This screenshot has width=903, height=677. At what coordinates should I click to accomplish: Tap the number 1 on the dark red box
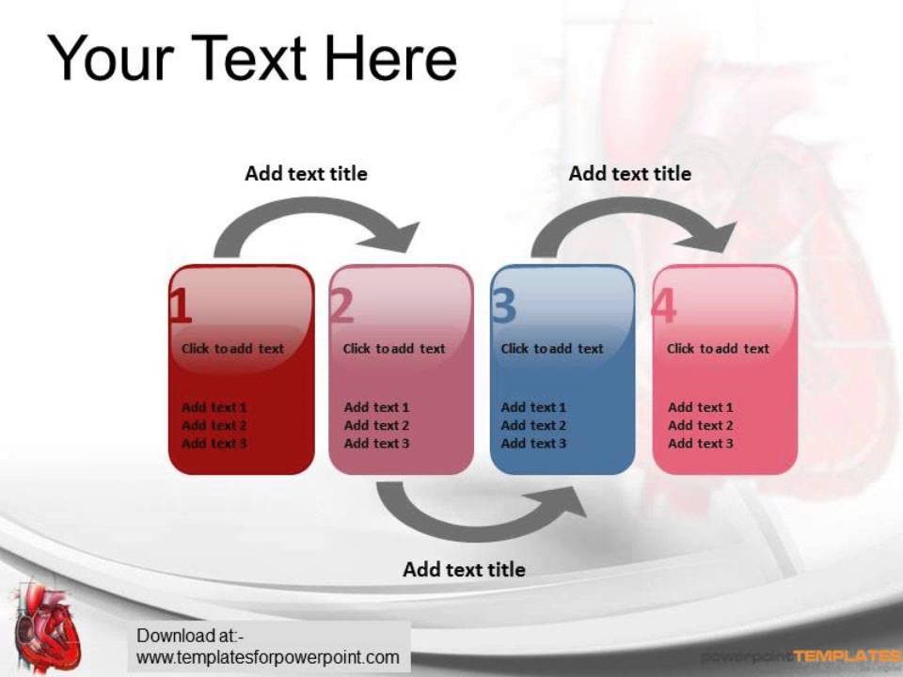(x=181, y=307)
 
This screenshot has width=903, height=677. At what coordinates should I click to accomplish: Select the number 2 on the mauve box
(x=342, y=307)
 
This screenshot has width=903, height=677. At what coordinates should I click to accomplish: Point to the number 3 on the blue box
(x=504, y=307)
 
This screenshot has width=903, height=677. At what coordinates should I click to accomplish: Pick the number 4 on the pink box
(x=663, y=307)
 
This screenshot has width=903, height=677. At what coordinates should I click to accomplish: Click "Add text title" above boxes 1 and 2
(x=306, y=174)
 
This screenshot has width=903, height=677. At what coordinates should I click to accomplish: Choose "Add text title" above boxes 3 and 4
(x=629, y=174)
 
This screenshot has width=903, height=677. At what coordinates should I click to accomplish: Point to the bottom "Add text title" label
(x=464, y=570)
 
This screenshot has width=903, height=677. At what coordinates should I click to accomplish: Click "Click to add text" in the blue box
(x=552, y=349)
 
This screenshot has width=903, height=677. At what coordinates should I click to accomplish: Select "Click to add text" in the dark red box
(x=232, y=349)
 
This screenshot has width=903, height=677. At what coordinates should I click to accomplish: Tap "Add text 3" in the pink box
(x=701, y=444)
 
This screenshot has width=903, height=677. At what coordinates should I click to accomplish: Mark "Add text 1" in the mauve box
(x=376, y=408)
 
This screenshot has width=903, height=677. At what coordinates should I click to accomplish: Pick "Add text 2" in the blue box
(x=533, y=426)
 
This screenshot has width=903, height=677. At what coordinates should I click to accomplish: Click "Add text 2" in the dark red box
(x=214, y=426)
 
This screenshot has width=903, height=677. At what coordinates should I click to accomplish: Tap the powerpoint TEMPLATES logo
(x=800, y=656)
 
